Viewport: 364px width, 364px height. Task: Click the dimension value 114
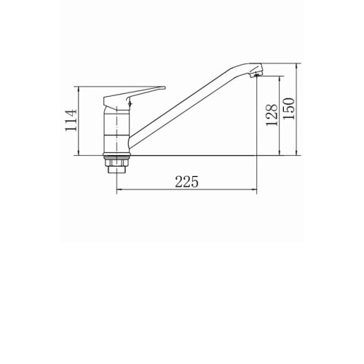(x=71, y=120)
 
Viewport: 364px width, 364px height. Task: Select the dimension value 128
(x=272, y=115)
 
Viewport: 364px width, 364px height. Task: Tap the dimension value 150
(x=289, y=108)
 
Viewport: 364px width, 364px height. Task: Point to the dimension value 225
(x=186, y=181)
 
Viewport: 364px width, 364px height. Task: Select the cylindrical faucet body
(x=117, y=131)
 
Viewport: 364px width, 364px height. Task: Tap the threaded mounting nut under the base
(x=116, y=166)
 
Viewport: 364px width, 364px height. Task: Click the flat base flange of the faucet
(x=116, y=154)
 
